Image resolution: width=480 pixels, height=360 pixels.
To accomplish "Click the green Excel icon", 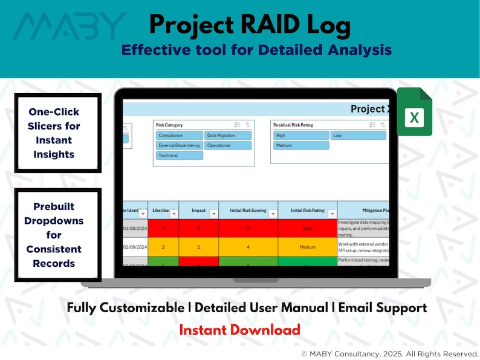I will (414, 112).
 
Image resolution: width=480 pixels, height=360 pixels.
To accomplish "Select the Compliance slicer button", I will (179, 136).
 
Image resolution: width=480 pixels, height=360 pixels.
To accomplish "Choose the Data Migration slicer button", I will (228, 136).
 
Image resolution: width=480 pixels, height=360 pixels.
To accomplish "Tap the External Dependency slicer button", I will (179, 146).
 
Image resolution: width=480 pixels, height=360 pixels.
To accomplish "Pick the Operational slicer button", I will (228, 146).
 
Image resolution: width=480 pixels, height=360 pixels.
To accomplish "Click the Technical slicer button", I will (179, 155).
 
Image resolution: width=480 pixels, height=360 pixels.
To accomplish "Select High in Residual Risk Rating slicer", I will (301, 136).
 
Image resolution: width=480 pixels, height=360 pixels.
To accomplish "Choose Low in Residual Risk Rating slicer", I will (358, 136).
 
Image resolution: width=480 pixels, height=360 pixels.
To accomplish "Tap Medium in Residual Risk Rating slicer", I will (301, 146).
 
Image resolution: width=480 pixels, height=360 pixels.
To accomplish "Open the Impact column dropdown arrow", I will (213, 214).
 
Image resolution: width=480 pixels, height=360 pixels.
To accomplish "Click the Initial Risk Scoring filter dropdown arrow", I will (273, 214).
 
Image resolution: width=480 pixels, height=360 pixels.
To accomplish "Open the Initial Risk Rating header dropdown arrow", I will (330, 214).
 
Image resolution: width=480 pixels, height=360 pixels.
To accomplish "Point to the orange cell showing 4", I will (248, 247).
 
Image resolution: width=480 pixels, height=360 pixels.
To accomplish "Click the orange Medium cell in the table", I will (308, 247).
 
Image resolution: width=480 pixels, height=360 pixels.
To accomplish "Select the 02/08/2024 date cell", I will (135, 247).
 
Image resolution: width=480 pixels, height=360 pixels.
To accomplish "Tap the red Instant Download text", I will (239, 330).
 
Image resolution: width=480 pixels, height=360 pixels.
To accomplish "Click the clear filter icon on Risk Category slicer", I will (248, 125).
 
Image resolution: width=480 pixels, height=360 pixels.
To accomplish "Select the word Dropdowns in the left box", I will (54, 221).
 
